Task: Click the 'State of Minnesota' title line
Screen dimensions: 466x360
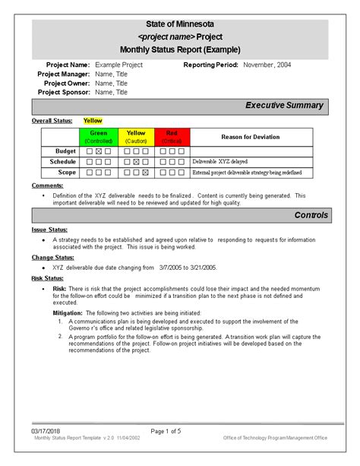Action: point(180,25)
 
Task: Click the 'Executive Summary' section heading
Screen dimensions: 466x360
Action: point(285,106)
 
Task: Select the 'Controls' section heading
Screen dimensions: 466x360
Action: point(311,215)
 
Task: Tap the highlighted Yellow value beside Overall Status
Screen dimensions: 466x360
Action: point(93,121)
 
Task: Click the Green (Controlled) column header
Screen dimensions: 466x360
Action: point(99,137)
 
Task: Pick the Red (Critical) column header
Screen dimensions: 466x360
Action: point(172,137)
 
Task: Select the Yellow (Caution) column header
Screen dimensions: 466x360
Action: point(135,137)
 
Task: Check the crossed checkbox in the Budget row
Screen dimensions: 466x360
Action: point(99,151)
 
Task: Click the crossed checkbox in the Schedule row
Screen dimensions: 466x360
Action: point(135,162)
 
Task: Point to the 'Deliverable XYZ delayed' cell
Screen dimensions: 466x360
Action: point(221,162)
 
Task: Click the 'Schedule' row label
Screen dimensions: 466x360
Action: point(63,162)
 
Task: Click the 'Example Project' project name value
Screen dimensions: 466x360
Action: point(118,65)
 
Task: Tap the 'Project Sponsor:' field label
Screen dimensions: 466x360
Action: point(64,91)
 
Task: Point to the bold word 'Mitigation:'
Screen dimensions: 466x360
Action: point(68,313)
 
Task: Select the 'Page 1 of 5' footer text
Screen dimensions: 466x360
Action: point(166,431)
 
